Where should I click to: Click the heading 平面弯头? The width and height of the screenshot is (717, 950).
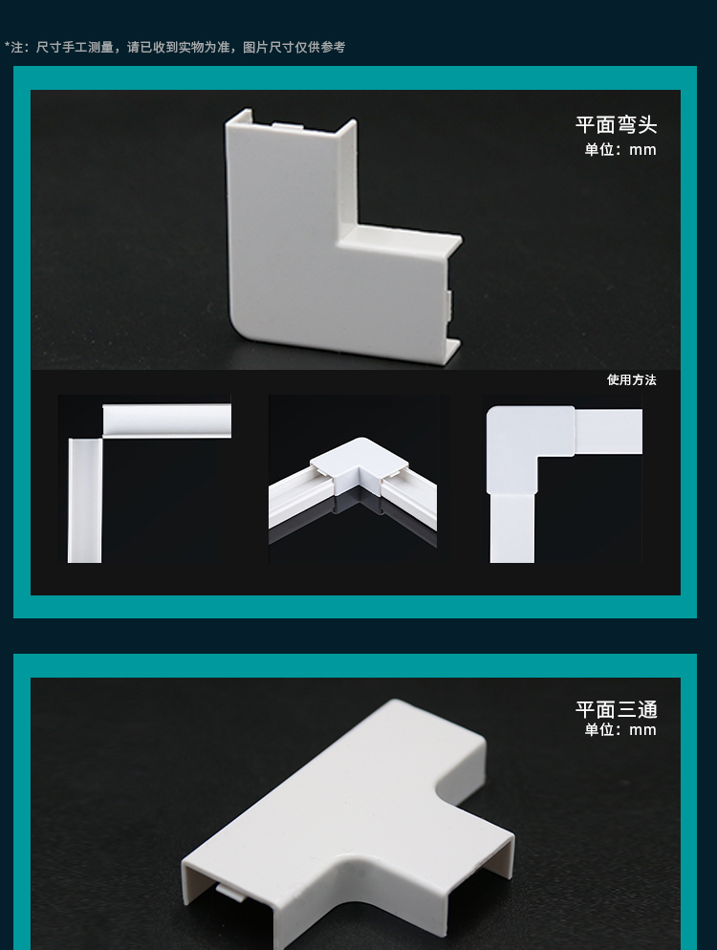click(616, 125)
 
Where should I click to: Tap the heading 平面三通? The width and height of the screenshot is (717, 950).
click(616, 709)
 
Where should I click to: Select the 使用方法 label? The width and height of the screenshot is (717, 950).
click(632, 379)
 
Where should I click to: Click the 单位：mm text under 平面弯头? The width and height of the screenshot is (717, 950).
click(620, 150)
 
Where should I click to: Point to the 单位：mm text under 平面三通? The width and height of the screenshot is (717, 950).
click(620, 729)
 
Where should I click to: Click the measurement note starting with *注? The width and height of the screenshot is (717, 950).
click(175, 47)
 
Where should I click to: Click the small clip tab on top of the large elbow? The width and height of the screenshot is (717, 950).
click(288, 126)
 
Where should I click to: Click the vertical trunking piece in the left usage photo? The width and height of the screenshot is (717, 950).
click(85, 501)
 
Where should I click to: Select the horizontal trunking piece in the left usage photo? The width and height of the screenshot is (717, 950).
click(166, 421)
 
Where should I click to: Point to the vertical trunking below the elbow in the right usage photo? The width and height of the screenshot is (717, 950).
click(512, 529)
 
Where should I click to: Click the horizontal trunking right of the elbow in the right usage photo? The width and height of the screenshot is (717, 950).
click(609, 431)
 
